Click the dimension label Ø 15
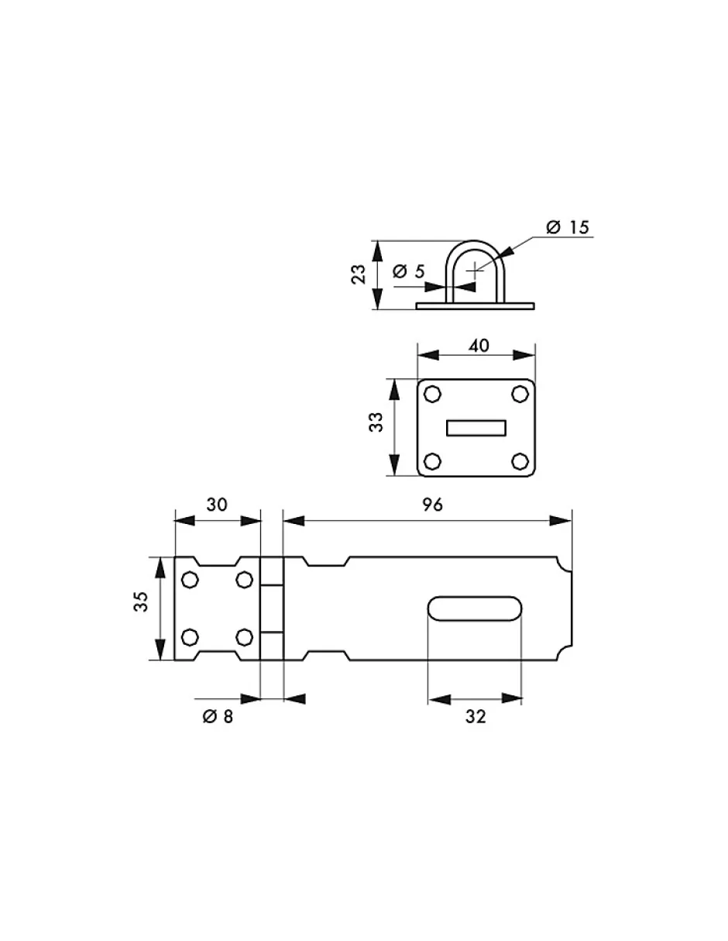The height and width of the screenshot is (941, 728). click(567, 227)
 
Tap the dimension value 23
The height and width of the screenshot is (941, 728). click(358, 274)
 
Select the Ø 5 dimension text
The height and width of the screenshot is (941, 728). click(409, 271)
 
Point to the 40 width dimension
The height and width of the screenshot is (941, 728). click(479, 346)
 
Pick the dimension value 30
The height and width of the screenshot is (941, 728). click(217, 505)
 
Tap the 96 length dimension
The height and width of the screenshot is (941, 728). click(433, 505)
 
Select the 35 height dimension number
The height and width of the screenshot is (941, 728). click(141, 601)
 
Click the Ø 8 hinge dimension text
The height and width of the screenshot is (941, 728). click(218, 717)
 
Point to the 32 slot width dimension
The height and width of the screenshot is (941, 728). click(476, 717)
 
